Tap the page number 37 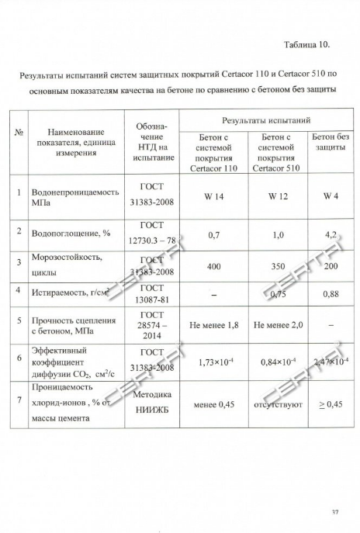pyautogui.click(x=335, y=511)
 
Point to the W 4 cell pyautogui.click(x=330, y=196)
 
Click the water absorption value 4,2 pyautogui.click(x=330, y=232)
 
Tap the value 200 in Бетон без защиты pyautogui.click(x=330, y=265)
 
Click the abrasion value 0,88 pyautogui.click(x=330, y=294)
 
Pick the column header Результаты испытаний pyautogui.click(x=265, y=121)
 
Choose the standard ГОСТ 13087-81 pyautogui.click(x=151, y=295)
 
